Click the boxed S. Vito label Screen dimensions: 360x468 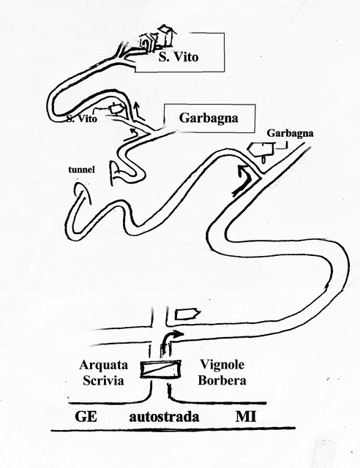(x=179, y=57)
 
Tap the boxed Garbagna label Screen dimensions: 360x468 (x=209, y=118)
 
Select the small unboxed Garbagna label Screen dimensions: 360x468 (x=290, y=133)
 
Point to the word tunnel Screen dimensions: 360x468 (x=81, y=170)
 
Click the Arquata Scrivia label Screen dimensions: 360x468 (x=103, y=372)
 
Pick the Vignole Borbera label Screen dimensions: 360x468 (x=222, y=372)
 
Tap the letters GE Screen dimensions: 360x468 (x=86, y=416)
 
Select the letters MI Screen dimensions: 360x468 (x=246, y=416)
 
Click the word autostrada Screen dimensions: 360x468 (x=164, y=417)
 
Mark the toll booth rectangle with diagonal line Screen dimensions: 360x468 (x=161, y=369)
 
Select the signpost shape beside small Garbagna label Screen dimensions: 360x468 (x=263, y=150)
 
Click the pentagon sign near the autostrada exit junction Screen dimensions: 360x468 (x=187, y=314)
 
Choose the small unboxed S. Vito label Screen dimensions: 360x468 (x=81, y=118)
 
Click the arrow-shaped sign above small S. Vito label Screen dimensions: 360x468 (x=116, y=109)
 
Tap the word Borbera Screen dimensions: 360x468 (x=222, y=380)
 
